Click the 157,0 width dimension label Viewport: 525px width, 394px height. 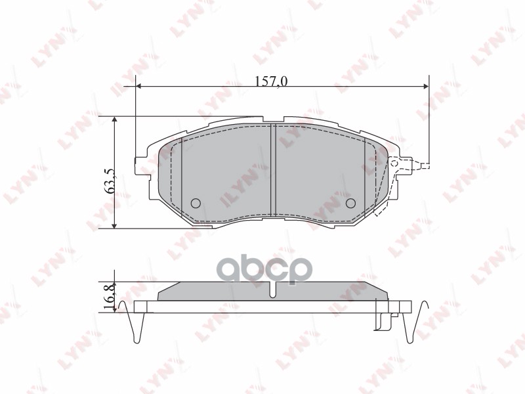pyautogui.click(x=271, y=81)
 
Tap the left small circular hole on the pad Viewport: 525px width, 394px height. pyautogui.click(x=194, y=203)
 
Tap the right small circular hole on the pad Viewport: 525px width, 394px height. pyautogui.click(x=350, y=203)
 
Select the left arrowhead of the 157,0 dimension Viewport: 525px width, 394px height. pyautogui.click(x=138, y=86)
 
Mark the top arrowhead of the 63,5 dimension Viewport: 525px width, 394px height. pyautogui.click(x=115, y=121)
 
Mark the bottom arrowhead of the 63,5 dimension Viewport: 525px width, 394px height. pyautogui.click(x=115, y=225)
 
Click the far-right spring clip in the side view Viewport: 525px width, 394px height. pyautogui.click(x=409, y=326)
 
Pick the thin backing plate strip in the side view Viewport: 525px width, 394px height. pyautogui.click(x=272, y=306)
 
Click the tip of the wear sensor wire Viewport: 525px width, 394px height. pyautogui.click(x=426, y=166)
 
